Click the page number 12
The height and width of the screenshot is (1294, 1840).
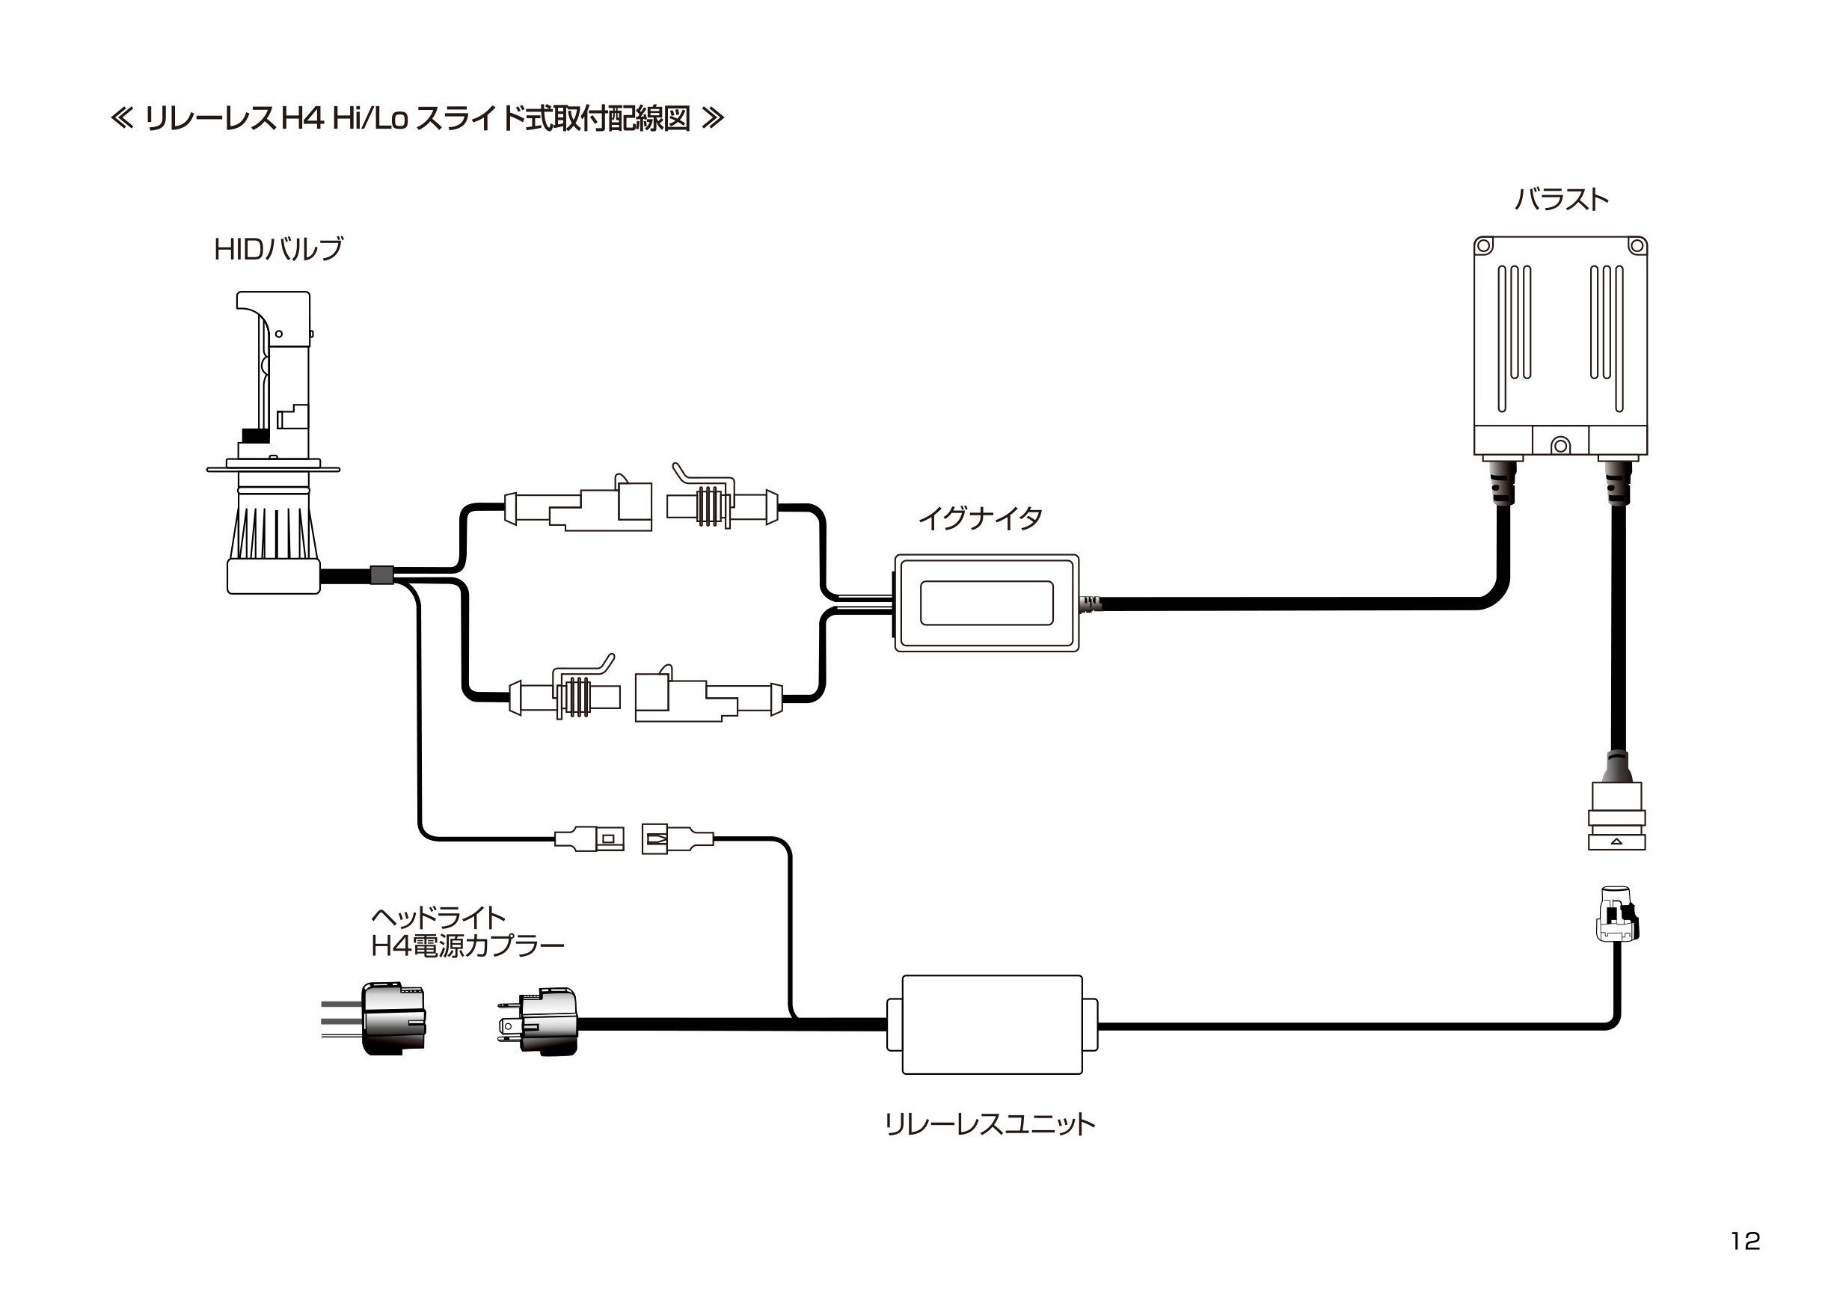point(1744,1241)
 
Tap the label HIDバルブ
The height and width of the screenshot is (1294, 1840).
point(278,249)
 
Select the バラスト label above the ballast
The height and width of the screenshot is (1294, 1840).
point(1561,200)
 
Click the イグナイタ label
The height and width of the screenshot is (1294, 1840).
point(980,518)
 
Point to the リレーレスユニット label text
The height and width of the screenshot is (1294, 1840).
point(990,1124)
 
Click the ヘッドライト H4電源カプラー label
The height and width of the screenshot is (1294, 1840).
point(467,932)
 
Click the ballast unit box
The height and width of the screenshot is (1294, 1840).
point(1560,346)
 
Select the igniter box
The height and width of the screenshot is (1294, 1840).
point(987,603)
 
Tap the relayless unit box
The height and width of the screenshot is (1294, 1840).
point(992,1025)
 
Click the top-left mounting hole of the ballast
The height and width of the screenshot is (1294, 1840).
point(1484,246)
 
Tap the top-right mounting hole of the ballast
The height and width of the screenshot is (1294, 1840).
point(1637,246)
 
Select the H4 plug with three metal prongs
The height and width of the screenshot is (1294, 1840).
point(537,1022)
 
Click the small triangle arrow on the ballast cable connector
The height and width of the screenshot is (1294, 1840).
point(1616,841)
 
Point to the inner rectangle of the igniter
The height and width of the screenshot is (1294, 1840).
point(987,603)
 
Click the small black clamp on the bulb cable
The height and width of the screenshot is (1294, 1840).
point(381,574)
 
